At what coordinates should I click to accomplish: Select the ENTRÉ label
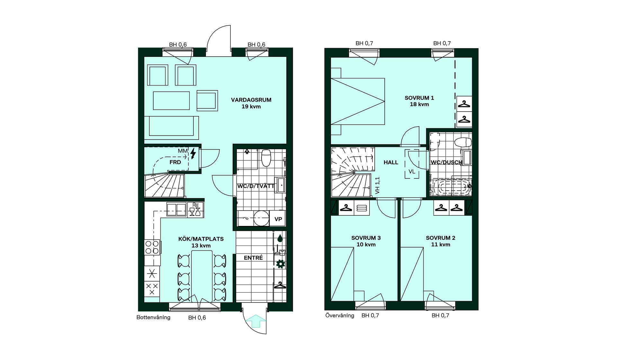[x=253, y=258]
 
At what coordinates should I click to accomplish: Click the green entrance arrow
[x=256, y=321]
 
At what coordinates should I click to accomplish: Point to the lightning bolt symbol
[x=193, y=153]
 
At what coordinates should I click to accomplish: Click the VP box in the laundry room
[x=278, y=219]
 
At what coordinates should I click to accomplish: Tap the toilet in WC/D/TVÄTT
[x=266, y=158]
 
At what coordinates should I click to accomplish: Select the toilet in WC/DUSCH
[x=463, y=142]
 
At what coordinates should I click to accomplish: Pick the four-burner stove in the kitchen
[x=152, y=248]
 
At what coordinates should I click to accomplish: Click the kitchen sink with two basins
[x=176, y=210]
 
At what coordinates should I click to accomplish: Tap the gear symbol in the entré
[x=281, y=264]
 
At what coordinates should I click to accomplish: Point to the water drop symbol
[x=280, y=238]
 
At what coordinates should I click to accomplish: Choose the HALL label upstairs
[x=391, y=163]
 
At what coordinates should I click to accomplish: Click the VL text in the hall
[x=412, y=172]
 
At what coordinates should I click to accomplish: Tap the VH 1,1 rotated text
[x=378, y=185]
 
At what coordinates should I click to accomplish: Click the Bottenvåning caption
[x=153, y=318]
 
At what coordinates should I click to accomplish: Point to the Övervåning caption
[x=340, y=316]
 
